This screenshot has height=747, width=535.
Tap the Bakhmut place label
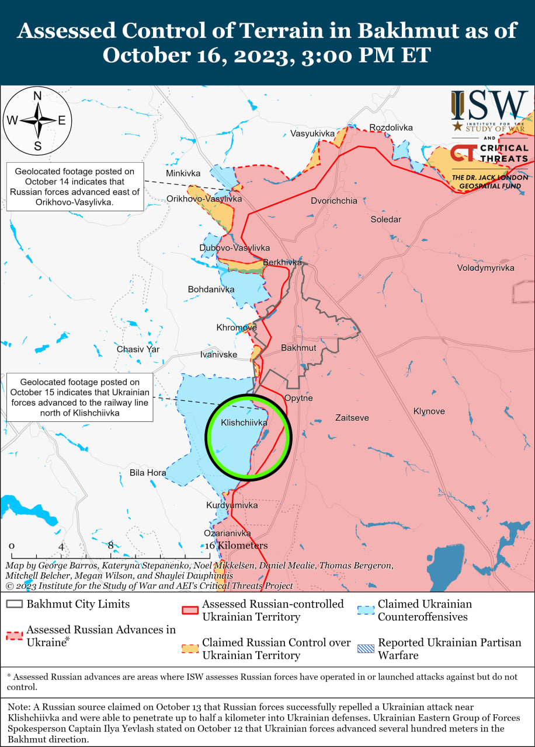pyautogui.click(x=298, y=348)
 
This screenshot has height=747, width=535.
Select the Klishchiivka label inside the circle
pyautogui.click(x=244, y=422)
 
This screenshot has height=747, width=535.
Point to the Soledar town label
pyautogui.click(x=386, y=219)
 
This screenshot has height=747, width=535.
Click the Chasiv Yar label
pyautogui.click(x=138, y=350)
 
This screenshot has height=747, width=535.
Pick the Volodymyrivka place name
pyautogui.click(x=485, y=268)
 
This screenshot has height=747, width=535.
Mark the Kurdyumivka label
pyautogui.click(x=232, y=505)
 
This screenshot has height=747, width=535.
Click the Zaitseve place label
pyautogui.click(x=352, y=418)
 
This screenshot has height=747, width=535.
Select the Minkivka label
pyautogui.click(x=183, y=173)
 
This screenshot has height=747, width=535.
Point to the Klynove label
pyautogui.click(x=429, y=411)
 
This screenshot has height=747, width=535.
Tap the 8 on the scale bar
pyautogui.click(x=110, y=546)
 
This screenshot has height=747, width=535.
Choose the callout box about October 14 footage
pyautogui.click(x=75, y=187)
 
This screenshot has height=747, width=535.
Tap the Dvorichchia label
pyautogui.click(x=334, y=201)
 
